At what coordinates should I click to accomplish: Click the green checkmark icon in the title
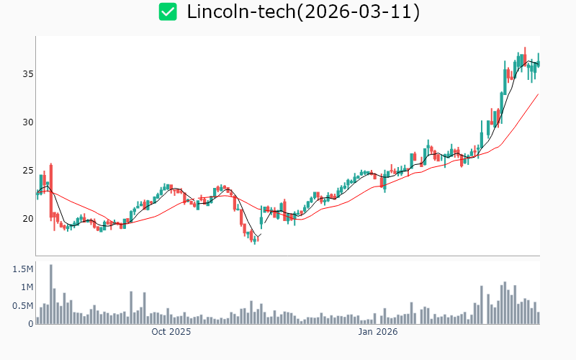pos(168,12)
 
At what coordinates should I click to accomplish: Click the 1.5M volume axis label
pos(23,269)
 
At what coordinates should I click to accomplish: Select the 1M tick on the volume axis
pos(26,287)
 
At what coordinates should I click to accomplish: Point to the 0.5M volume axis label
pos(23,306)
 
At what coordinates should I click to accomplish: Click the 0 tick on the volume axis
pos(31,324)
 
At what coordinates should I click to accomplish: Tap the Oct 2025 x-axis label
pos(171,332)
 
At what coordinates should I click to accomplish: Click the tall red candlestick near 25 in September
pos(51,191)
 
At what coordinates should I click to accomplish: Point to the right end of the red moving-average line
pos(538,94)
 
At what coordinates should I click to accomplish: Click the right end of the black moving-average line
pos(538,64)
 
